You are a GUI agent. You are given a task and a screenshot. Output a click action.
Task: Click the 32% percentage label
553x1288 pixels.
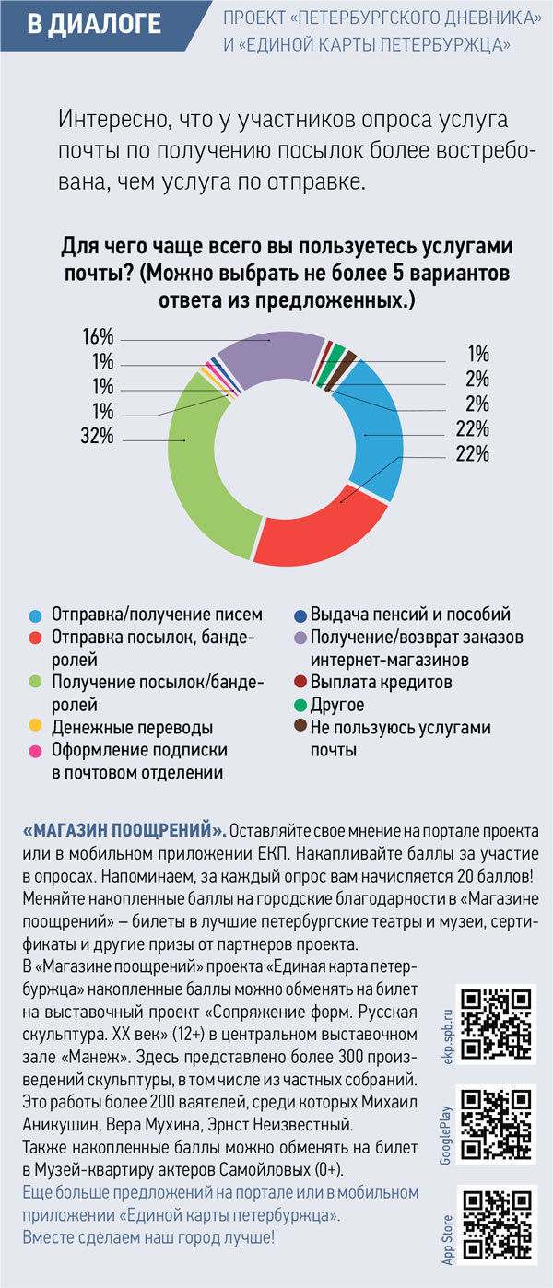click(x=96, y=437)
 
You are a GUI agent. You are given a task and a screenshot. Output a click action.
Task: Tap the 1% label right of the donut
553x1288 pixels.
click(x=477, y=354)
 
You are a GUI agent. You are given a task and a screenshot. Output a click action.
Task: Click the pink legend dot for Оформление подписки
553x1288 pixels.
click(x=36, y=751)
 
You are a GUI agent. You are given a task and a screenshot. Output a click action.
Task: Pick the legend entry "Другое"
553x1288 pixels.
click(x=337, y=706)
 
